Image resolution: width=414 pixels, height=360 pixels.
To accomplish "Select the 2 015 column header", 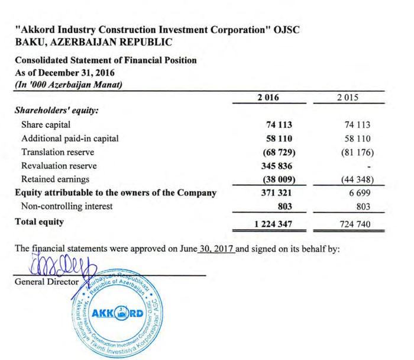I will pos(356,98).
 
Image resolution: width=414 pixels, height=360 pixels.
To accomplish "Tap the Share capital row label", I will pos(46,125).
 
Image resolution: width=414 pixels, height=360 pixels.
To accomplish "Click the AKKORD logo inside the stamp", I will pos(122,313).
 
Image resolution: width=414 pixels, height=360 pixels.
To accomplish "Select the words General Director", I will pos(46,282).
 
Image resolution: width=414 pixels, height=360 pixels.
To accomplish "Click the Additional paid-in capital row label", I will pos(70,139).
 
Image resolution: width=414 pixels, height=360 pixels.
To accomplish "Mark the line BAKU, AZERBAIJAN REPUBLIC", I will pos(93,42).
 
